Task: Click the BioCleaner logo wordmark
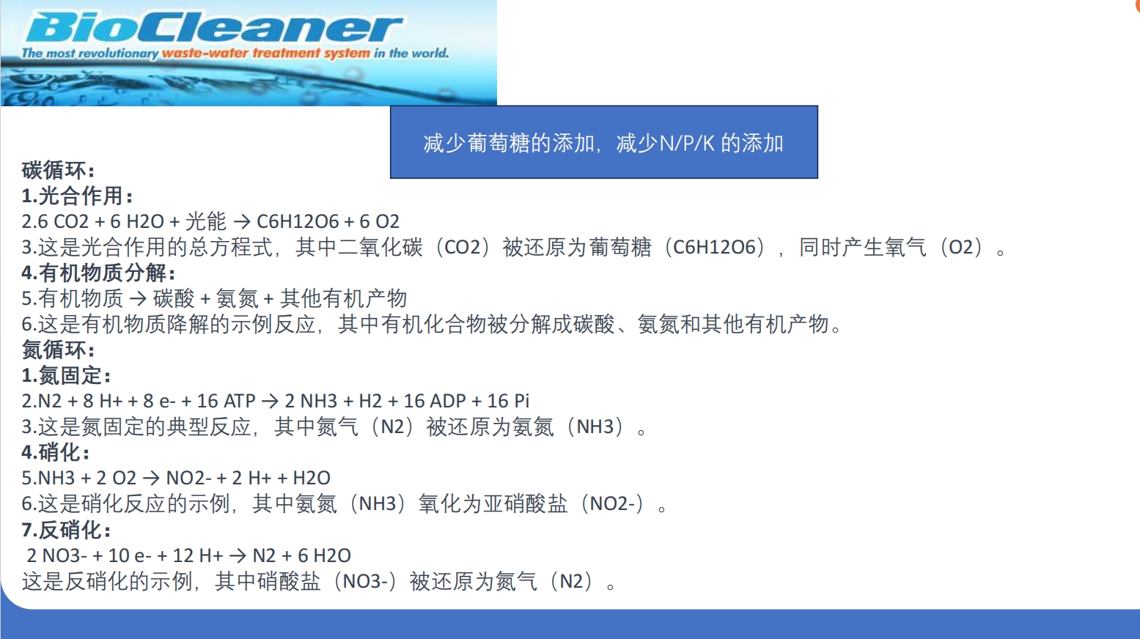213,28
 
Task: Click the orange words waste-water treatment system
265,53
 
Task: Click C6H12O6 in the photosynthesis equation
298,222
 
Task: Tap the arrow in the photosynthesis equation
242,222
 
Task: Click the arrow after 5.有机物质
138,299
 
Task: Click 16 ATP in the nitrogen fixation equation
226,402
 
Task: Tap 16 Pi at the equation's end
509,402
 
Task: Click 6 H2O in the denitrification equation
324,555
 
